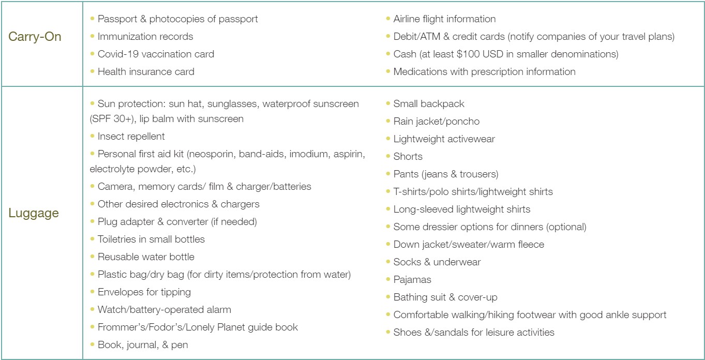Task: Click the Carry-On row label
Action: coord(35,37)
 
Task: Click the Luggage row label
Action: coord(34,213)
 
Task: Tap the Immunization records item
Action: coord(145,37)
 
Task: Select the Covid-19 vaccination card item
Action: coord(155,54)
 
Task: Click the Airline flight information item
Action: coord(444,19)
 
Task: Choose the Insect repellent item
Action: coord(131,137)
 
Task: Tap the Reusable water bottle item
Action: coord(145,257)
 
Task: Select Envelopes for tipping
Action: coord(144,292)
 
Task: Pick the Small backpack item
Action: coord(428,104)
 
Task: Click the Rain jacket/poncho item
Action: coord(436,122)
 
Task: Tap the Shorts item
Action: coord(408,157)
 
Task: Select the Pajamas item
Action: coord(412,280)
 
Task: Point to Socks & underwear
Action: coord(437,262)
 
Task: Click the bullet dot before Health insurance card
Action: coord(93,71)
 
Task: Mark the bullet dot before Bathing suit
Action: coord(388,297)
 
